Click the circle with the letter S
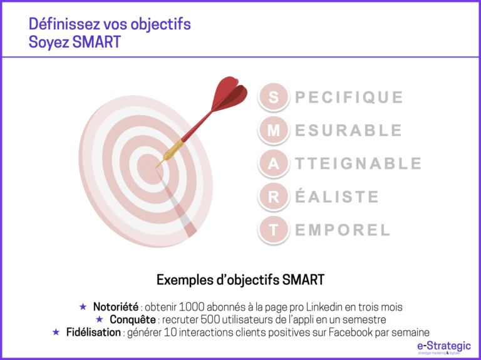click(x=274, y=97)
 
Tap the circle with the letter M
click(x=274, y=130)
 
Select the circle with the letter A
click(x=274, y=163)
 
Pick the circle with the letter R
click(x=274, y=197)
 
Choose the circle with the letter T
click(x=274, y=230)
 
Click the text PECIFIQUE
click(x=349, y=98)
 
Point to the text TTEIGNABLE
click(x=358, y=164)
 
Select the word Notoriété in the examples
click(x=115, y=307)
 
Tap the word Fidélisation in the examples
click(x=93, y=332)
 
